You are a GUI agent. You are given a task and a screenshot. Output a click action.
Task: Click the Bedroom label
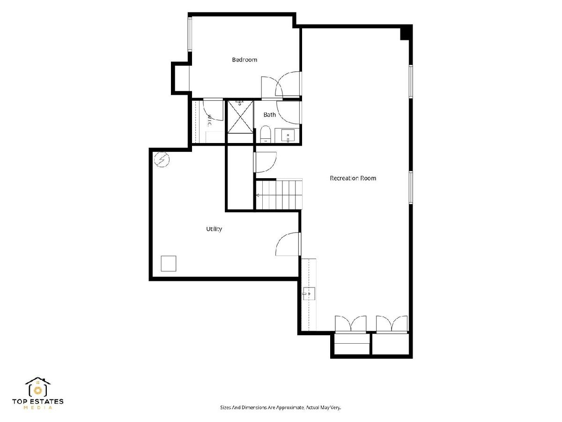pos(244,60)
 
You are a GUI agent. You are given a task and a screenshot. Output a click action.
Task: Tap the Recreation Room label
pos(353,178)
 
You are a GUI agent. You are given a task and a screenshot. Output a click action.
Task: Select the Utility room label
pos(214,229)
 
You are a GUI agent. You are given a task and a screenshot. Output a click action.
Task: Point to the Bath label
pos(270,114)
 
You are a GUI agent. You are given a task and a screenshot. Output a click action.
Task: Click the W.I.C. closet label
pos(209,121)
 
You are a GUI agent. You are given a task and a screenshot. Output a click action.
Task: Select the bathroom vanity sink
pos(288,136)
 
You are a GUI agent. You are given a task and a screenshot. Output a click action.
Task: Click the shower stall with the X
pos(240,117)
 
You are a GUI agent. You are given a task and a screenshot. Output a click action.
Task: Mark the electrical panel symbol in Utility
pos(162,159)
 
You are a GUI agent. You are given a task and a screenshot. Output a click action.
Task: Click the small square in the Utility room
pos(169,264)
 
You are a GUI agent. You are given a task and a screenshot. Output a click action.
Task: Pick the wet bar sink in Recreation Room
pos(309,294)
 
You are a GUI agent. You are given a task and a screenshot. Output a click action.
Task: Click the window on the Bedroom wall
pos(190,34)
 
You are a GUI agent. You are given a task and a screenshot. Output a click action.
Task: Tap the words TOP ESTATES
pos(37,401)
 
